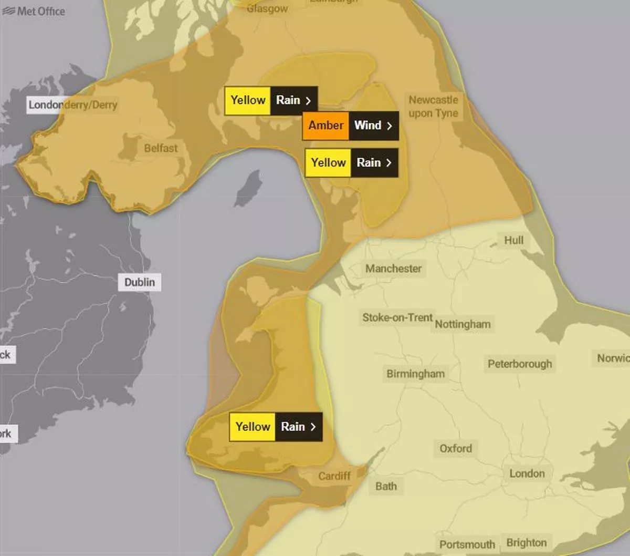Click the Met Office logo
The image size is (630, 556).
(34, 11)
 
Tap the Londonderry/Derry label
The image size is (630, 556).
(72, 105)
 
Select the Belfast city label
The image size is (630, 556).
(161, 148)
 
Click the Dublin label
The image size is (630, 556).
(139, 282)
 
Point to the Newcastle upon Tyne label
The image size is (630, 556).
(433, 107)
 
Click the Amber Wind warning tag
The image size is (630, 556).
(350, 126)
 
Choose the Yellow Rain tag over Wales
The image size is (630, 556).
(276, 427)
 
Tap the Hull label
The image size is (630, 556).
(513, 240)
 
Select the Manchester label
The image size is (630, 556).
(393, 269)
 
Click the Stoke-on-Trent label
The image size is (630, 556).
(397, 317)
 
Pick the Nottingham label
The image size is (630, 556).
(463, 324)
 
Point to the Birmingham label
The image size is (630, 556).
(415, 374)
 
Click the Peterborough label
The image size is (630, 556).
(519, 364)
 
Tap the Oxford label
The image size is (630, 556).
(455, 448)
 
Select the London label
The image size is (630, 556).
(527, 473)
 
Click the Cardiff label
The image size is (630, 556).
(334, 476)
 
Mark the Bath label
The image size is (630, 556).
(386, 486)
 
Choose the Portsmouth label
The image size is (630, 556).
(467, 544)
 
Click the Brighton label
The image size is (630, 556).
(526, 542)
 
